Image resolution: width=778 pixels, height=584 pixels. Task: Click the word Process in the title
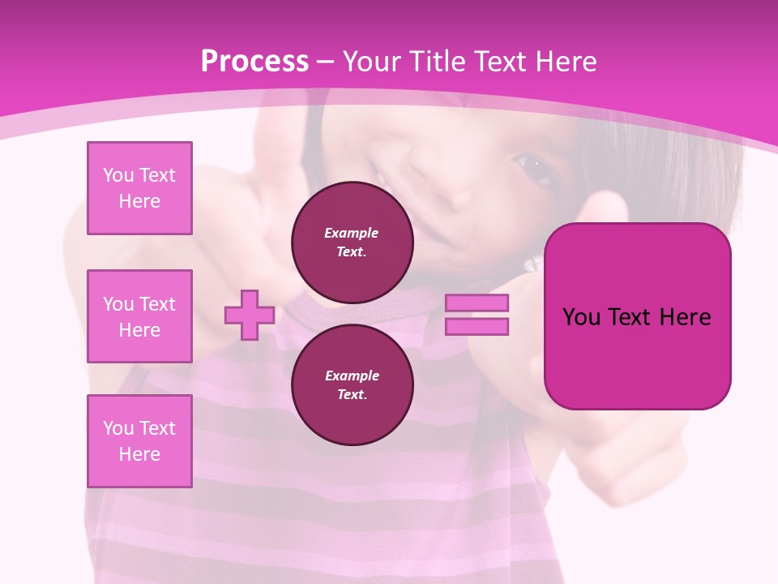tap(254, 62)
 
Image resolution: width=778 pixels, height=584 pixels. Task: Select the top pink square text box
tap(139, 188)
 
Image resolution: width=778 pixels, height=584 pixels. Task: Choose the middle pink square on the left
tap(139, 316)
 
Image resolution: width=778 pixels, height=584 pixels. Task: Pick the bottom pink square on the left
tap(139, 441)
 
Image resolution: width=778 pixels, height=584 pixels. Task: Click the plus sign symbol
tap(250, 315)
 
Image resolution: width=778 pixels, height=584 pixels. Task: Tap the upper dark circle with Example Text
tap(352, 243)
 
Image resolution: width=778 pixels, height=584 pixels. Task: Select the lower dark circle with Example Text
tap(352, 385)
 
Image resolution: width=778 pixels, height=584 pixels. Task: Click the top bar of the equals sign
tap(477, 303)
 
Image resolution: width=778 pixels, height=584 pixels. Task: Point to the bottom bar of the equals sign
tap(477, 327)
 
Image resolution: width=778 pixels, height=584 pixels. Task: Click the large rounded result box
tap(637, 316)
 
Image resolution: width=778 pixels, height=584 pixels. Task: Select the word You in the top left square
tap(118, 175)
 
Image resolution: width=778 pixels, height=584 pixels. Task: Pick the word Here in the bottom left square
tap(139, 454)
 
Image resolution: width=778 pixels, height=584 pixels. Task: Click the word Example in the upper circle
tap(352, 233)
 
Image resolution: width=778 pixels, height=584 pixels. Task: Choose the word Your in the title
tap(374, 62)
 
